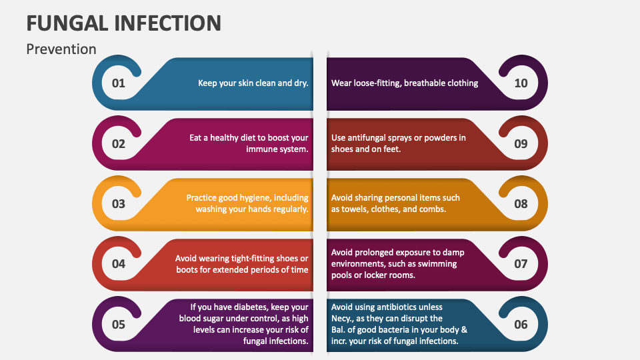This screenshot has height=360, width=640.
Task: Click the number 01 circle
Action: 118,83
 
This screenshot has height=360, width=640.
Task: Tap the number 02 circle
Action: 118,143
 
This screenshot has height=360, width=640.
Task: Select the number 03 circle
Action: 118,203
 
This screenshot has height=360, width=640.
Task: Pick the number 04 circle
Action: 118,263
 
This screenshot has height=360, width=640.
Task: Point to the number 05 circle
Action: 118,325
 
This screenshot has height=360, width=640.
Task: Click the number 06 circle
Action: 521,325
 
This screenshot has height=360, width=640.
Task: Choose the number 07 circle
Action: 521,263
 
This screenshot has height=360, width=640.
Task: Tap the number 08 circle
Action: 521,203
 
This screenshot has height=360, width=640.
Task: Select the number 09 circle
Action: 521,143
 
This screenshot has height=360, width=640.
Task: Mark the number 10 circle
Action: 521,83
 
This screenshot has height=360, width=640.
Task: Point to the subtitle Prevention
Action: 61,49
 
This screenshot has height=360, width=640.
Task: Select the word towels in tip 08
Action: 365,209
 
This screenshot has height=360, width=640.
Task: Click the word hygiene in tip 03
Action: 257,198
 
